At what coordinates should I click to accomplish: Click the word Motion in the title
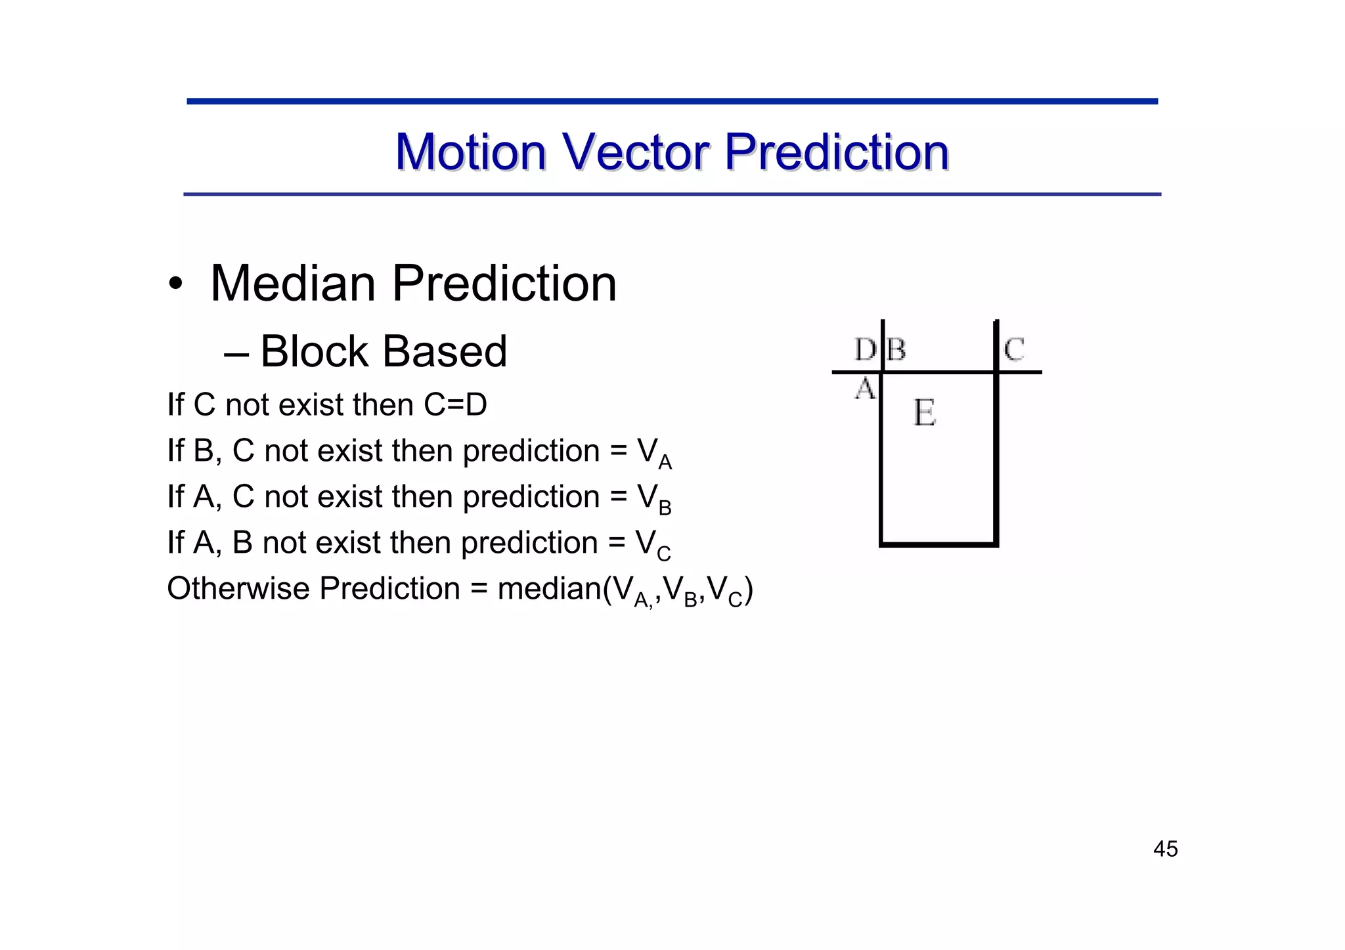[x=470, y=152]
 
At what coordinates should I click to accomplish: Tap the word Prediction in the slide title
[x=837, y=152]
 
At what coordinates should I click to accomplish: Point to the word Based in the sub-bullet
[x=445, y=351]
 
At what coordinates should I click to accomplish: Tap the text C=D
[x=455, y=404]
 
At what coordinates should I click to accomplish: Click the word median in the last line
[x=550, y=588]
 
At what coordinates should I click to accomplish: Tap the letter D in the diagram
[x=864, y=349]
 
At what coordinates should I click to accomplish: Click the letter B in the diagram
[x=896, y=349]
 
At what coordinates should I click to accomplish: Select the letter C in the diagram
[x=1014, y=349]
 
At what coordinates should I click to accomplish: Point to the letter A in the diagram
[x=865, y=389]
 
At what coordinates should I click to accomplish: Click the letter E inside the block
[x=924, y=414]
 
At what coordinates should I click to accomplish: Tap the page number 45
[x=1165, y=849]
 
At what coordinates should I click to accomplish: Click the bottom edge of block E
[x=938, y=544]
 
